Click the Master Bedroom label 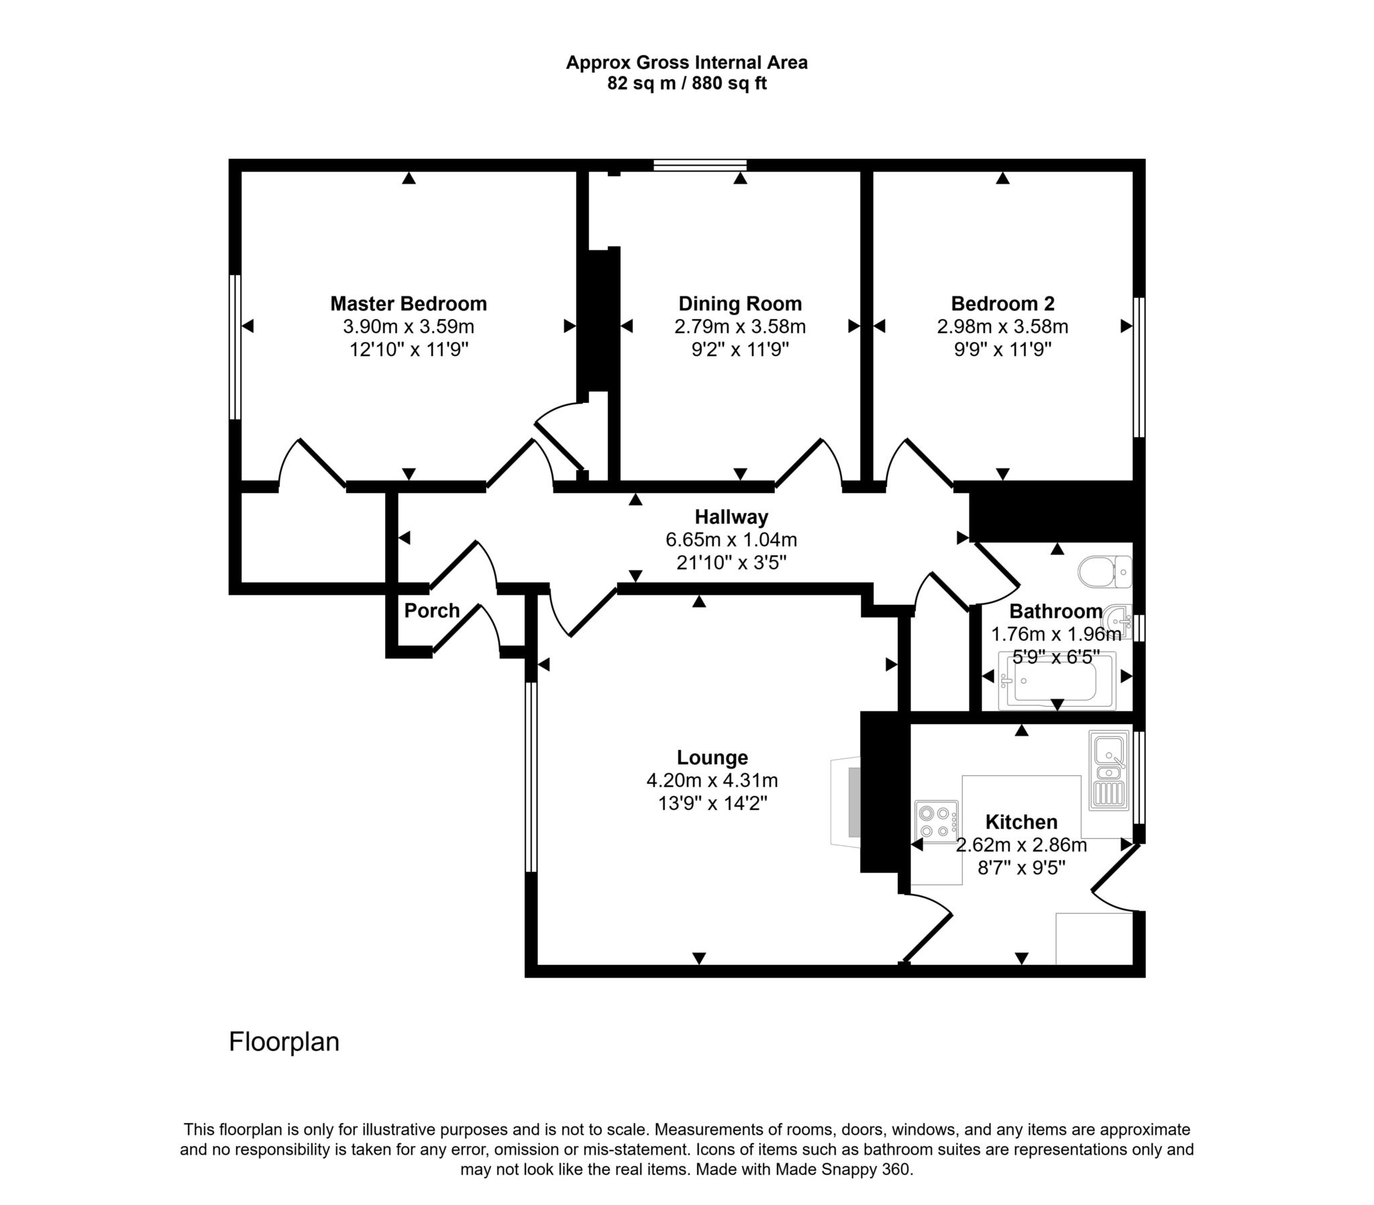coord(409,304)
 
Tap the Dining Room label coord(740,304)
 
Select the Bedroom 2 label coord(1002,304)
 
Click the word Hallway coord(731,517)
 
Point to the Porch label coord(431,610)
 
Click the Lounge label coord(712,758)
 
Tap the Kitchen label coord(1021,822)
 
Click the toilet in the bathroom coord(1104,571)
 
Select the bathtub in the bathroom coord(1057,681)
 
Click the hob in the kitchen coord(937,822)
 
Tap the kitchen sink coord(1109,770)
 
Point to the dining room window coord(700,166)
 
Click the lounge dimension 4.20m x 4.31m coord(712,781)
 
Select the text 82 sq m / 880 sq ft coord(687,83)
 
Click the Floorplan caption coord(284,1041)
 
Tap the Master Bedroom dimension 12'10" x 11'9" coord(409,349)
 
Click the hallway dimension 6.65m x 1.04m coord(731,540)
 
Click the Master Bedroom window coord(235,347)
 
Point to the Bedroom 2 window coord(1139,367)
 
